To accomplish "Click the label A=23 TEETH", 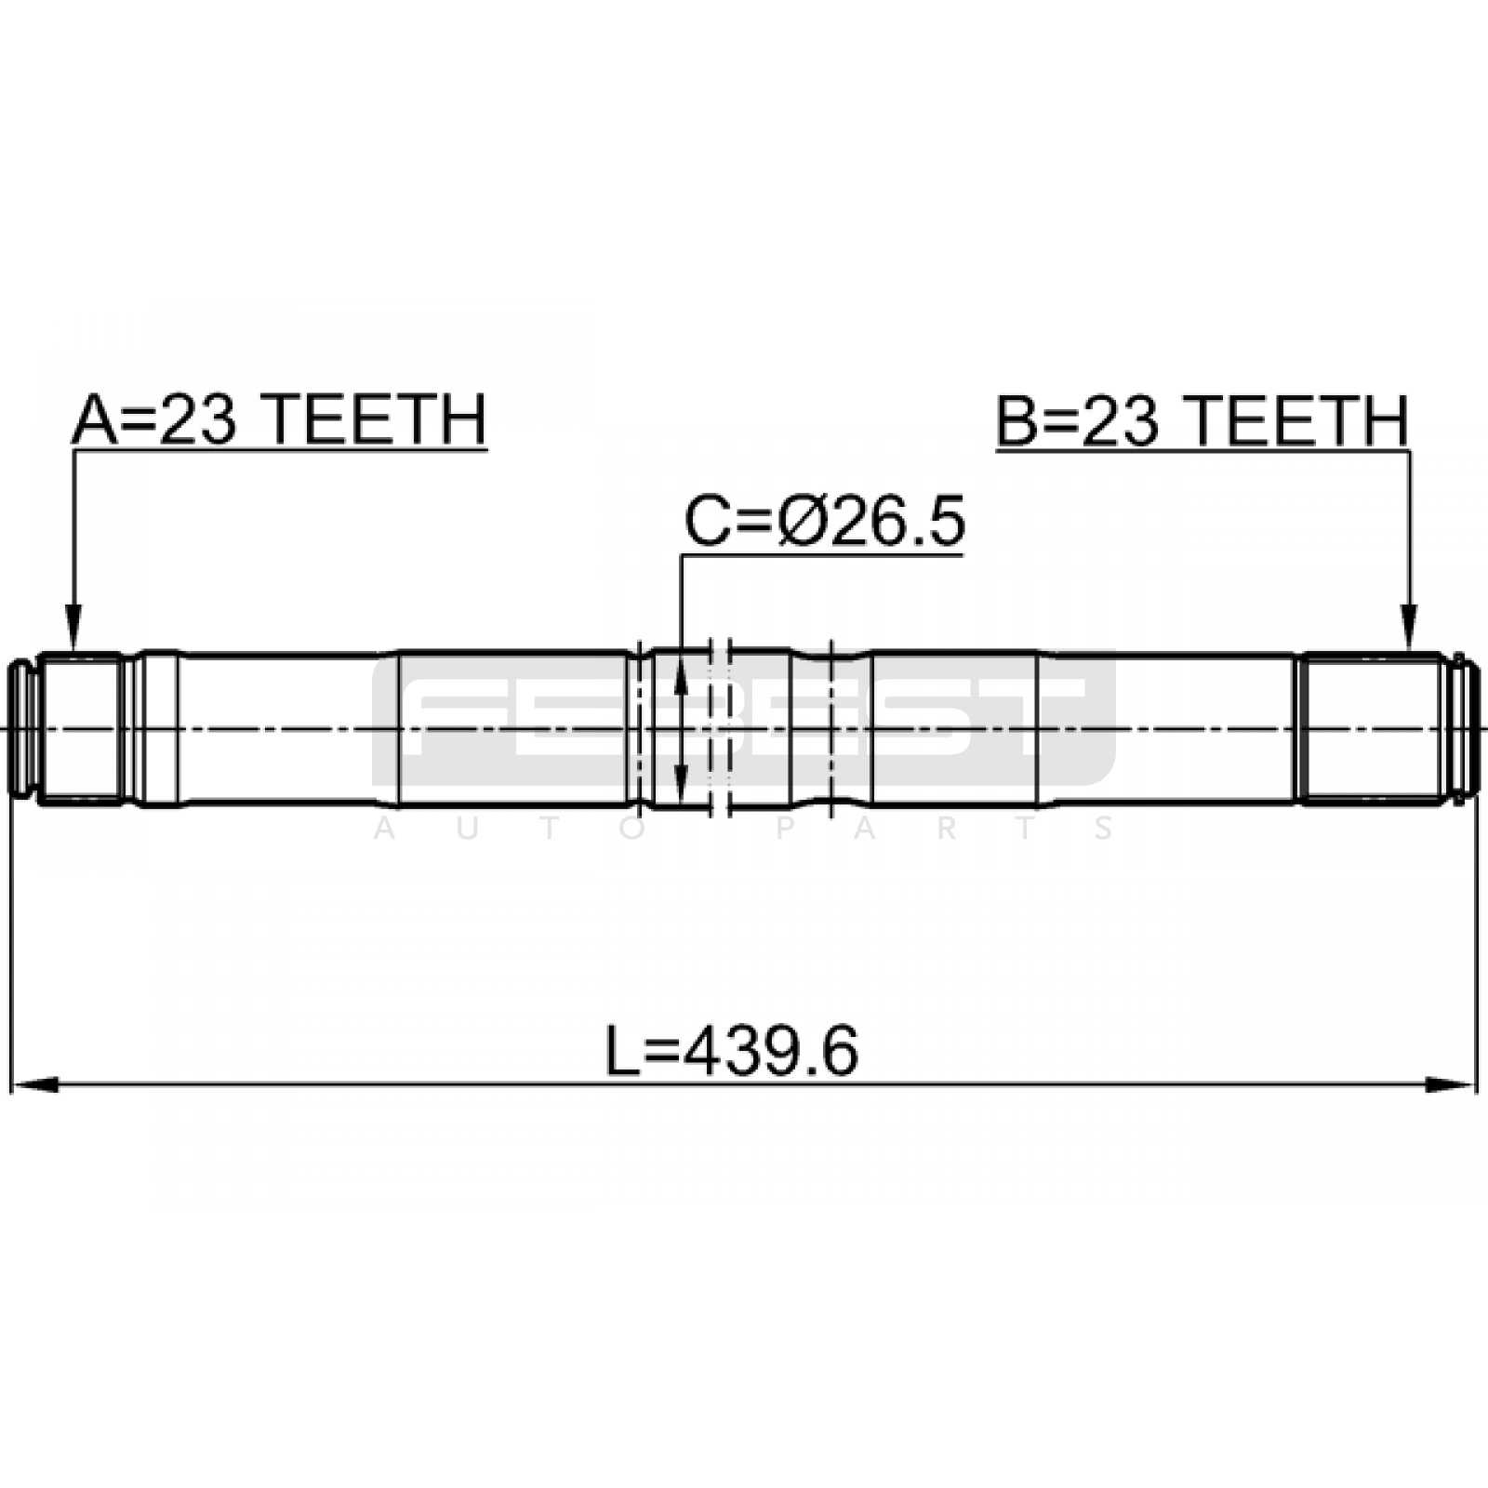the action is pyautogui.click(x=279, y=420).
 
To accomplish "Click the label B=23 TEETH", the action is pyautogui.click(x=1202, y=420).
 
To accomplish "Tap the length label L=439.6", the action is pyautogui.click(x=733, y=1052).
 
